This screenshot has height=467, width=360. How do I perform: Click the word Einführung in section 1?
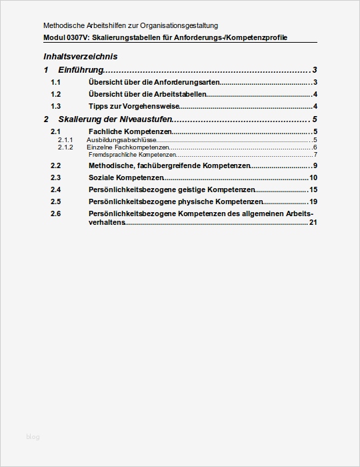click(80, 70)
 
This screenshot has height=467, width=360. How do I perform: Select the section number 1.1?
click(56, 82)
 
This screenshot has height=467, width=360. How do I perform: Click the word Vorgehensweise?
click(153, 106)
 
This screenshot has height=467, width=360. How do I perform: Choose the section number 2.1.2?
click(65, 147)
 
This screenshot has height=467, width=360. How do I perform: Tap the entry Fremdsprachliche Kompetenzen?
click(127, 155)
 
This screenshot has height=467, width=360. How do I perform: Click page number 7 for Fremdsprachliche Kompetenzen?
click(315, 155)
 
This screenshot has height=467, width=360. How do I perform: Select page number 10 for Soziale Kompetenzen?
click(313, 177)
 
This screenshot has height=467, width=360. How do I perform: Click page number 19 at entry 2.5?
click(313, 201)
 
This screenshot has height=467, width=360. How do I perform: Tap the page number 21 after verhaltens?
click(313, 222)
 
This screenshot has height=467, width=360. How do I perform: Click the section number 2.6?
click(56, 213)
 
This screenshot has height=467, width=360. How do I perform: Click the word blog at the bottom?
click(33, 437)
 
